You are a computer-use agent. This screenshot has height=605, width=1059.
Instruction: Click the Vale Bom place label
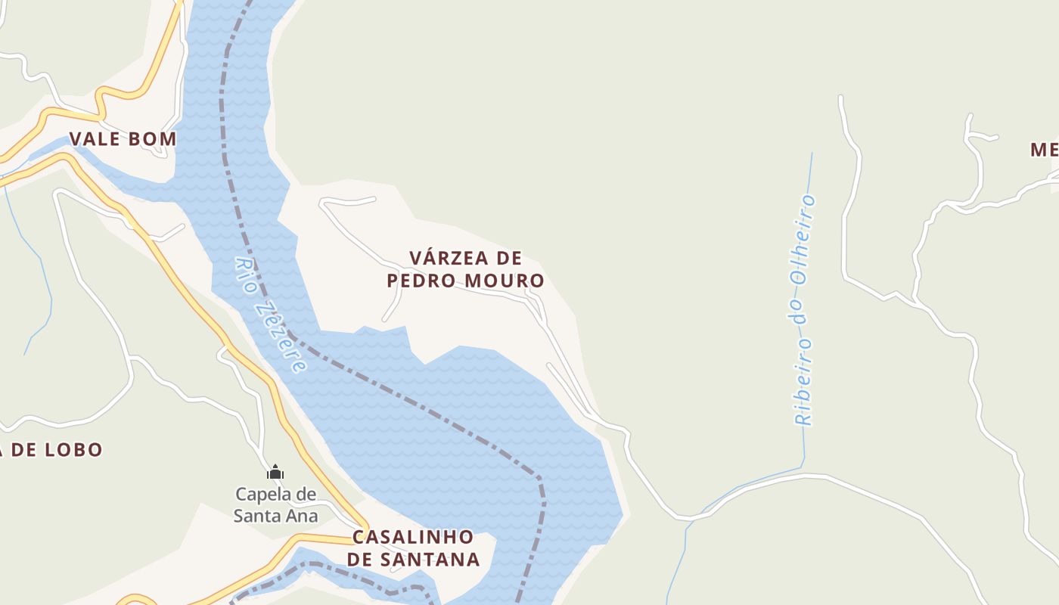click(123, 139)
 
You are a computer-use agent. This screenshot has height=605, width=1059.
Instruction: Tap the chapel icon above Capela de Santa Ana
click(275, 473)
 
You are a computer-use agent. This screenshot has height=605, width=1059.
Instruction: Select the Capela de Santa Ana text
click(275, 505)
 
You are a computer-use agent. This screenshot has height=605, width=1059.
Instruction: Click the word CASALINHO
click(413, 538)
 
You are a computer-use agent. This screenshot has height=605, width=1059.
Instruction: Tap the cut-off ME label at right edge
click(1045, 150)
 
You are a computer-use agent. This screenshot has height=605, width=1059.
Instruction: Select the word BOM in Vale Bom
click(153, 139)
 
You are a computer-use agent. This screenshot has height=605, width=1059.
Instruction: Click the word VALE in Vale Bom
click(95, 139)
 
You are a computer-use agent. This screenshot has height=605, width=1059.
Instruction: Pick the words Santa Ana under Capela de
click(275, 517)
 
